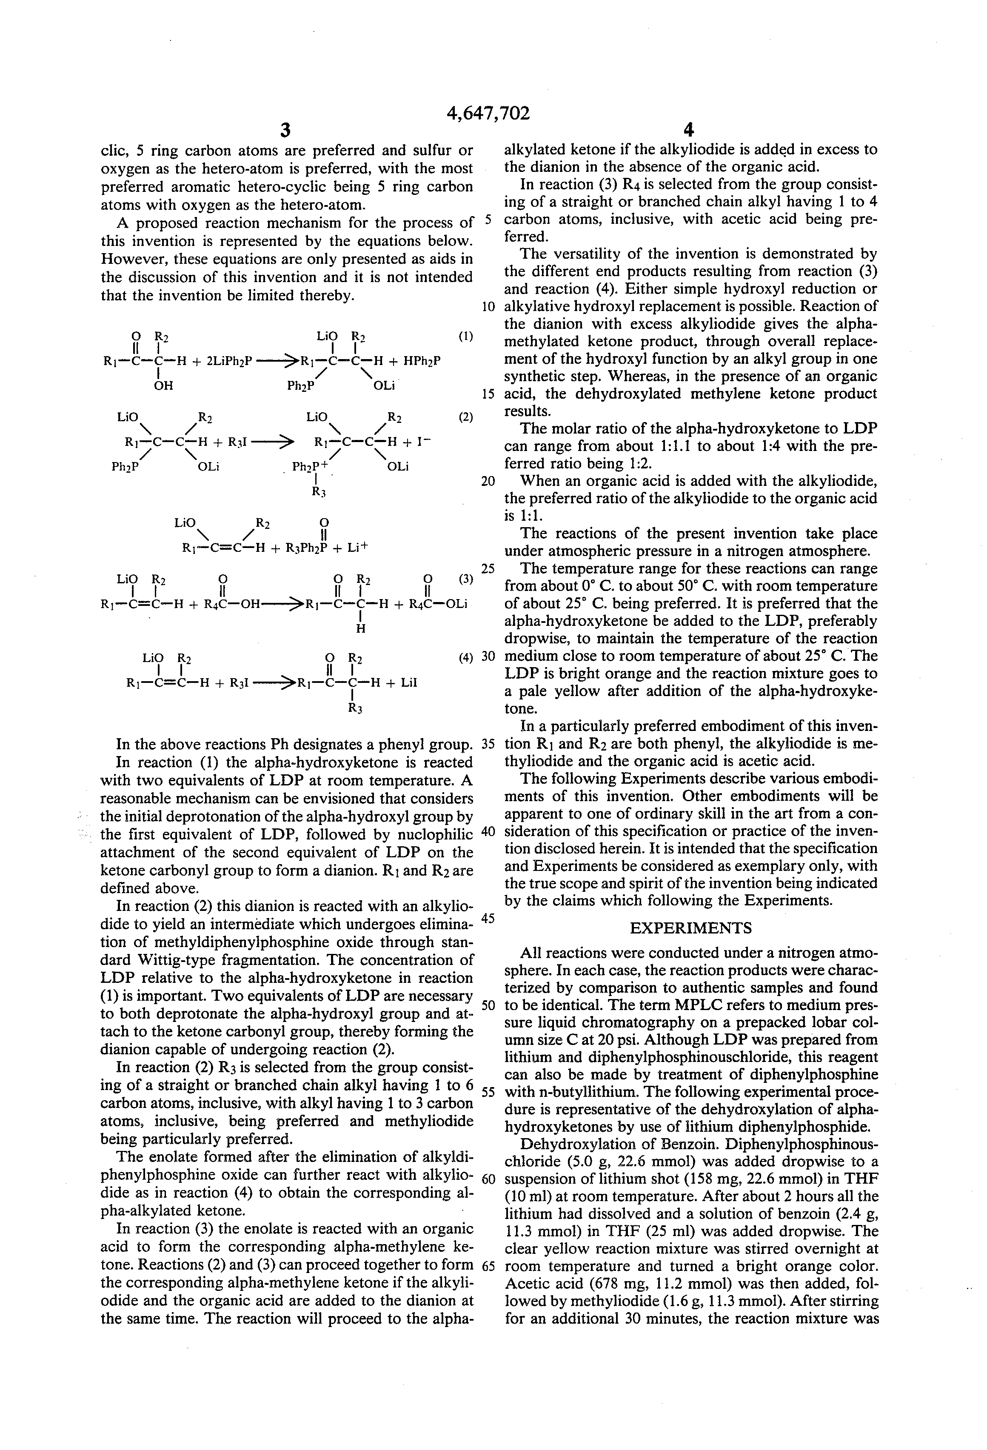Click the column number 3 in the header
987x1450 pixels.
pos(286,130)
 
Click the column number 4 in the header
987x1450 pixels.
pos(689,130)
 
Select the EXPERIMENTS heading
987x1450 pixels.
pos(690,928)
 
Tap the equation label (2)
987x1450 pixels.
pos(465,417)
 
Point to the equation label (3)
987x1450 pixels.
pos(465,578)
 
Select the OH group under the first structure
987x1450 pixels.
pos(163,385)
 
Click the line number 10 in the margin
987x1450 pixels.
pos(488,307)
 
